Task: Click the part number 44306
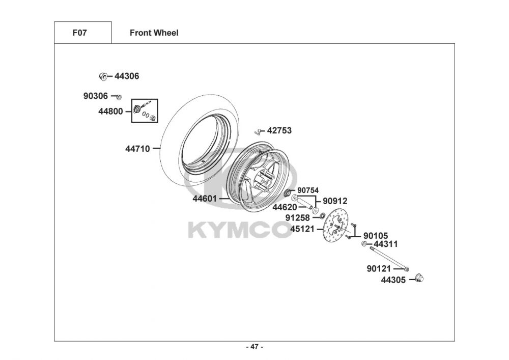[x=127, y=76]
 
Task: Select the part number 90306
[x=96, y=96]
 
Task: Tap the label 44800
[x=110, y=112]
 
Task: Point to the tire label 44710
[x=137, y=149]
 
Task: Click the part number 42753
[x=279, y=131]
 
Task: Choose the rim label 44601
[x=205, y=199]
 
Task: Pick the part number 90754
[x=308, y=190]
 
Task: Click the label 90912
[x=335, y=201]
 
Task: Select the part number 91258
[x=297, y=218]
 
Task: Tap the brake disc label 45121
[x=302, y=229]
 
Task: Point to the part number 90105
[x=376, y=236]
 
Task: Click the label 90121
[x=379, y=268]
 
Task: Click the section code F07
[x=80, y=33]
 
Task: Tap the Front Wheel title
[x=154, y=33]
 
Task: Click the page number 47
[x=254, y=347]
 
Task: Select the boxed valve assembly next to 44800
[x=145, y=111]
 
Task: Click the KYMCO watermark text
[x=240, y=230]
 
